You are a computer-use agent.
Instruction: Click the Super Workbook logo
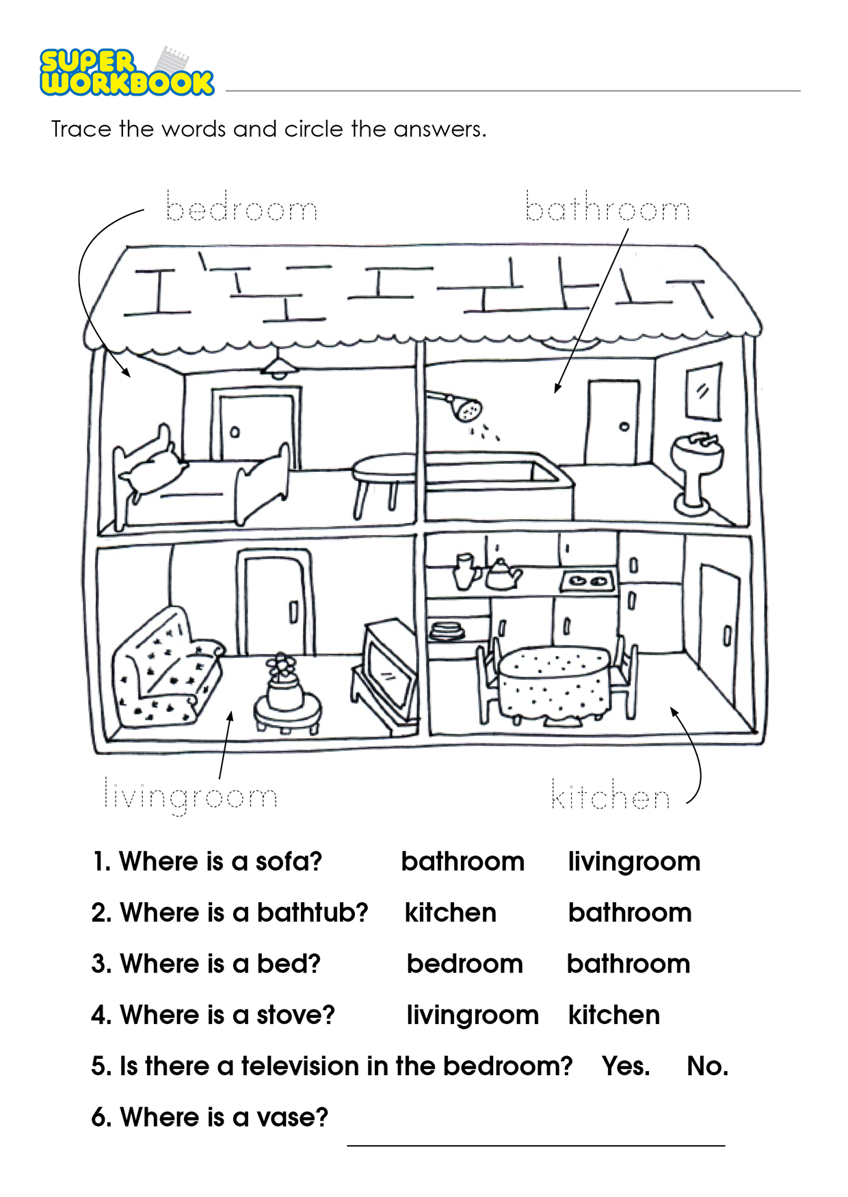point(127,71)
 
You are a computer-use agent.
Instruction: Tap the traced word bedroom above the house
point(242,207)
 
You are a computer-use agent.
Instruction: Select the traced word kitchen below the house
point(610,794)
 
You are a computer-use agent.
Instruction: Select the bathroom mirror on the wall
point(704,392)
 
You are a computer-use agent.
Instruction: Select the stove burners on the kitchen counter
point(587,581)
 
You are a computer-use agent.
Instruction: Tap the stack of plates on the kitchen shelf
point(447,630)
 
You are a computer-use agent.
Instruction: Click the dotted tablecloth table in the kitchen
point(555,684)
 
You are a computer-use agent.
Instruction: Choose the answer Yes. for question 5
point(626,1066)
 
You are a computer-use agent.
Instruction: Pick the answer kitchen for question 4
point(614,1015)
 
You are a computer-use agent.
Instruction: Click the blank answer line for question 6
point(536,1145)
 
